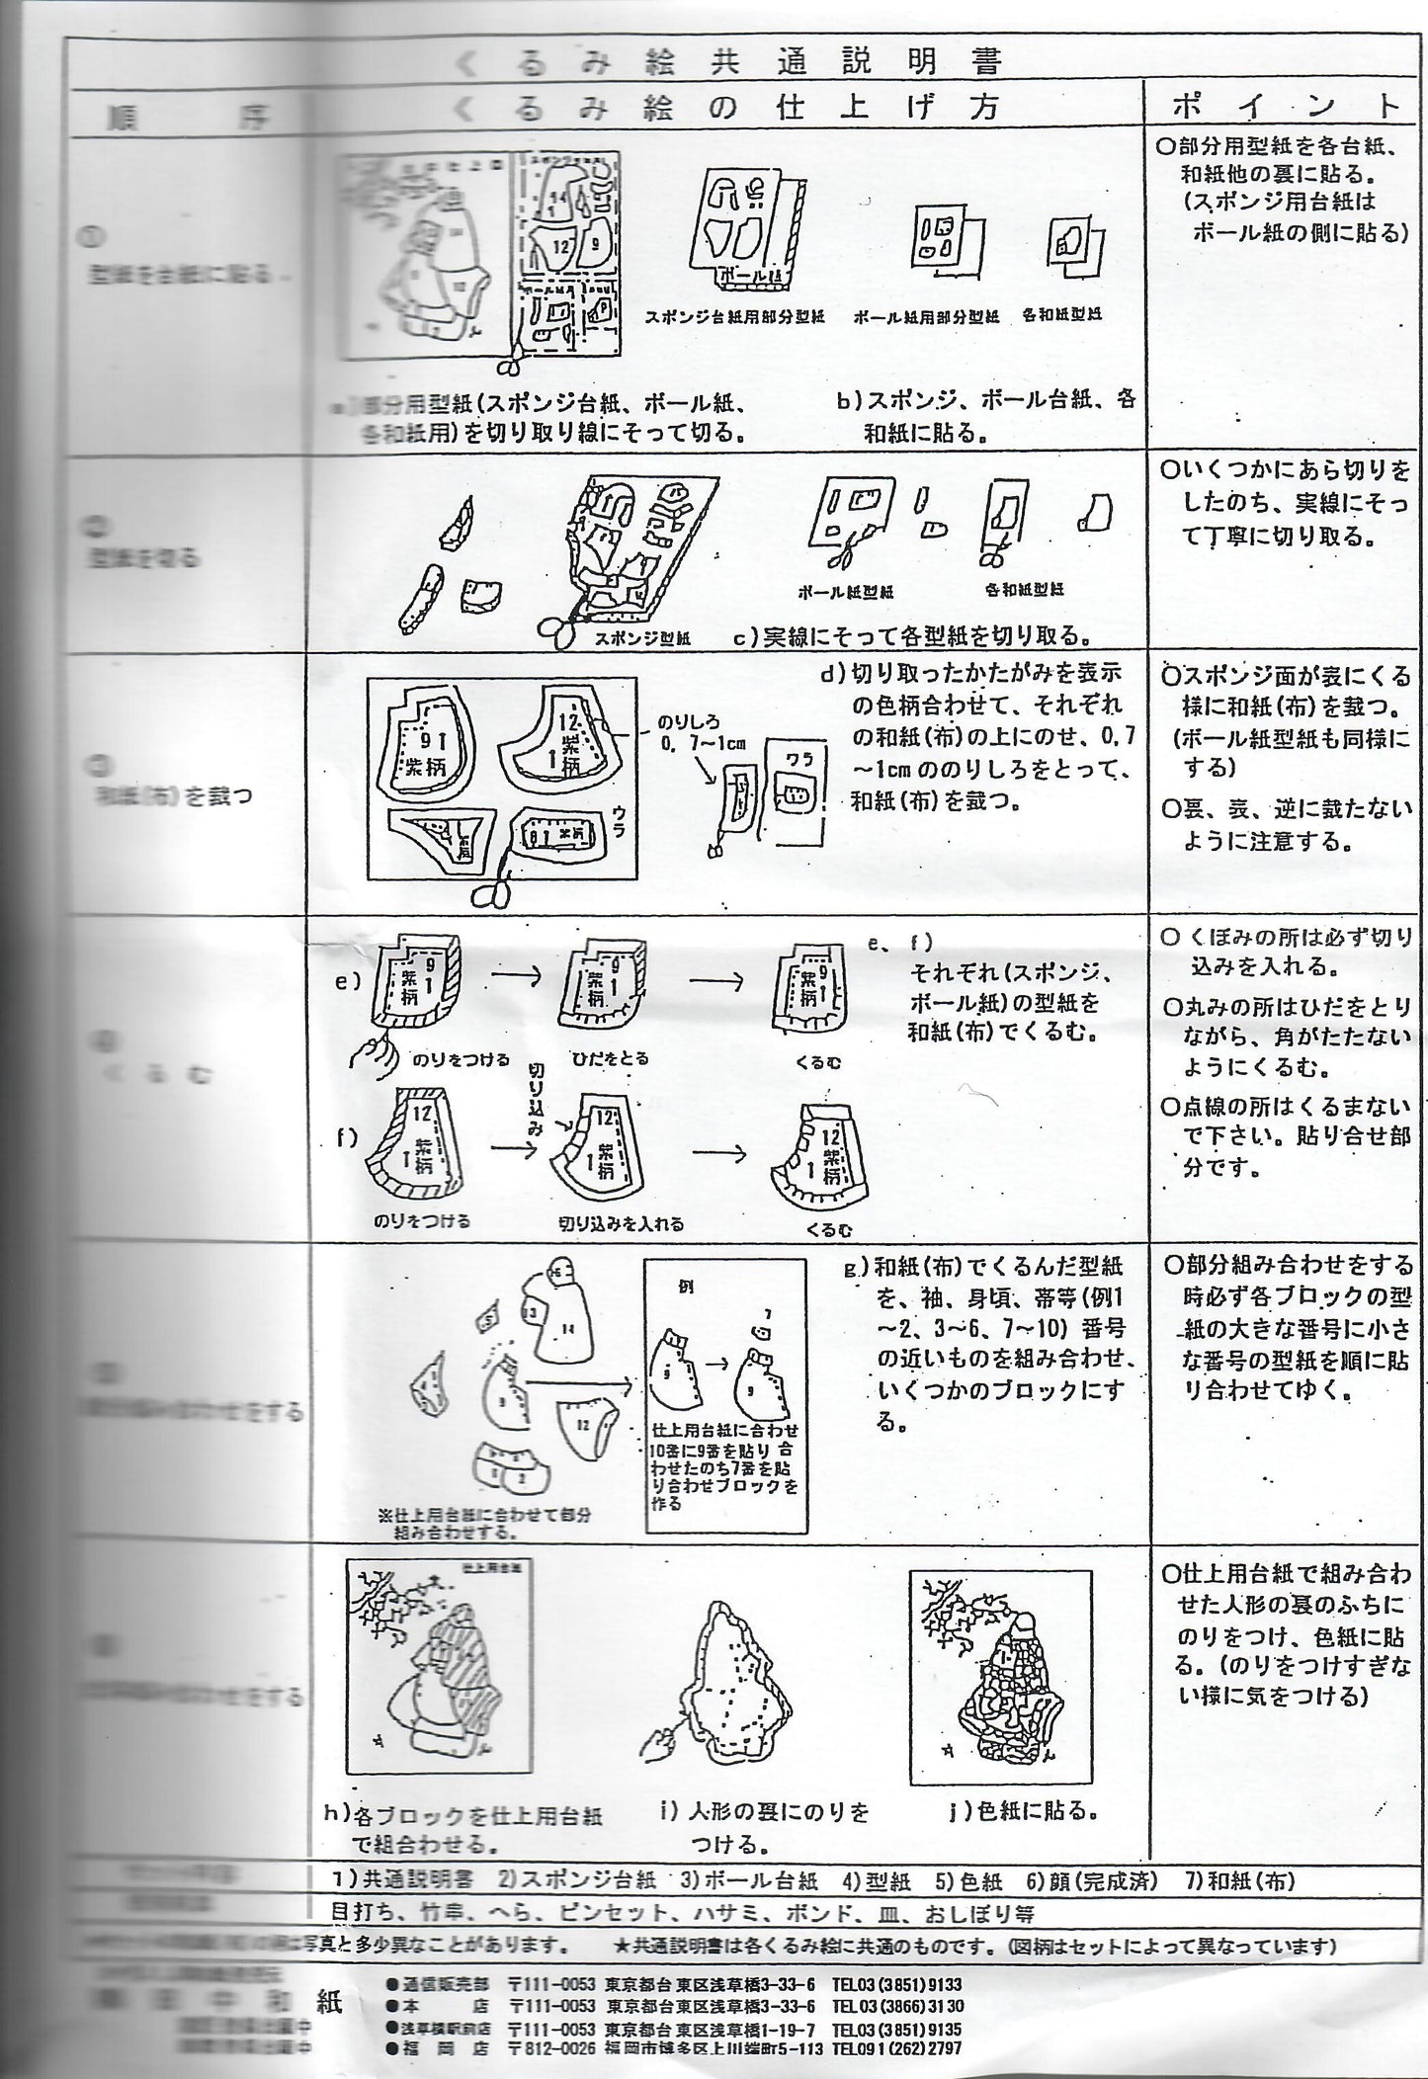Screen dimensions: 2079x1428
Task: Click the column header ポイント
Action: tap(1286, 107)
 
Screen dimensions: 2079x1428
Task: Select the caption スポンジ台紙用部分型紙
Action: tap(734, 317)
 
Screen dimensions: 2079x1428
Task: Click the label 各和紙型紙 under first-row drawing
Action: tap(1062, 314)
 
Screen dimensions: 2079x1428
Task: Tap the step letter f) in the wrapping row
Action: tap(346, 1136)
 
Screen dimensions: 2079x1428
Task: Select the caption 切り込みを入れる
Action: tap(622, 1223)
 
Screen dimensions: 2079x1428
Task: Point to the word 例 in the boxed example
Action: tap(687, 1289)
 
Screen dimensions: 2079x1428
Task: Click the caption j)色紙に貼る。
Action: tap(1023, 1811)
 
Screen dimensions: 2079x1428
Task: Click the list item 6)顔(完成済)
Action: tap(1091, 1880)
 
